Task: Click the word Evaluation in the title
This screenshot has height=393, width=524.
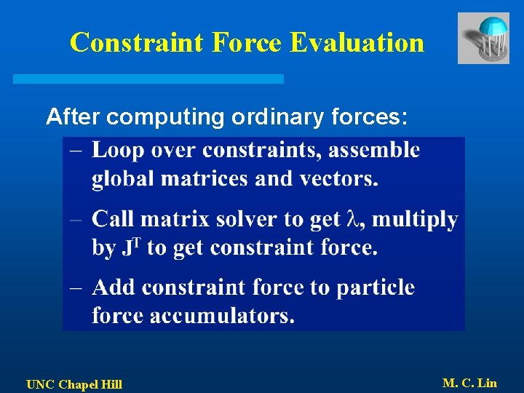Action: coord(357,42)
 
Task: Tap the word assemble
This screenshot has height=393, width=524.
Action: coord(375,150)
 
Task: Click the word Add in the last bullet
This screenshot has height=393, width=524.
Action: coord(114,287)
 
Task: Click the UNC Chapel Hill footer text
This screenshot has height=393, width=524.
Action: coord(74,384)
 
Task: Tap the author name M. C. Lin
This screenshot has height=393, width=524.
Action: coord(469,383)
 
